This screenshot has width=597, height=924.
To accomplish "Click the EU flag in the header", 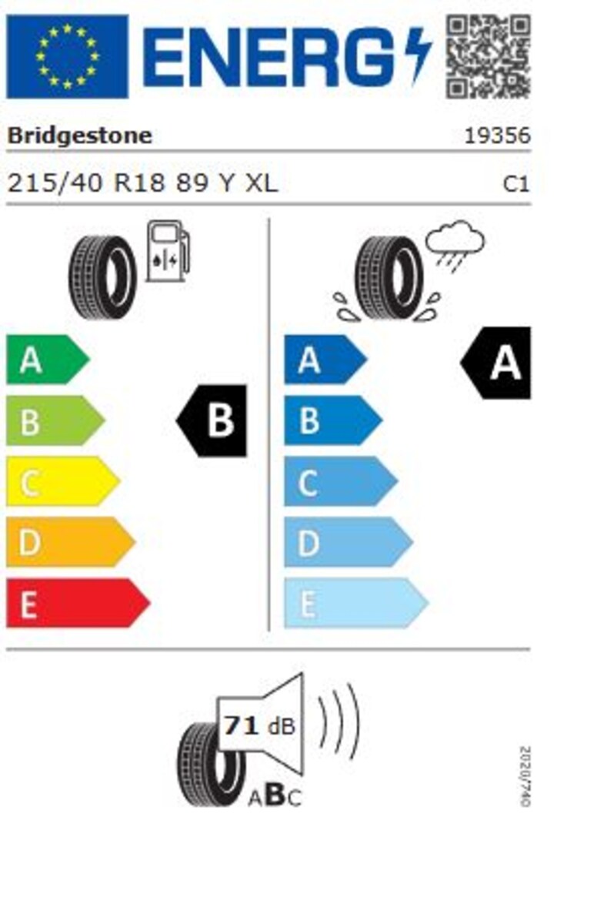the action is pyautogui.click(x=67, y=56).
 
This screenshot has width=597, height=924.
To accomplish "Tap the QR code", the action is pyautogui.click(x=489, y=56).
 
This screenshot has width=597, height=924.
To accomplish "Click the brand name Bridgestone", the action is pyautogui.click(x=80, y=136).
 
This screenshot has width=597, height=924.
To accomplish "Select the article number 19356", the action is pyautogui.click(x=497, y=136).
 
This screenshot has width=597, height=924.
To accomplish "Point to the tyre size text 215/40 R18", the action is pyautogui.click(x=86, y=182).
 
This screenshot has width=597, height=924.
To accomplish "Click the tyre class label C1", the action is pyautogui.click(x=515, y=184).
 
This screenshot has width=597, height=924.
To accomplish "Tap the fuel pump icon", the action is pyautogui.click(x=168, y=251).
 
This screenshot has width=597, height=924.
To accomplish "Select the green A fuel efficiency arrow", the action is pyautogui.click(x=48, y=360).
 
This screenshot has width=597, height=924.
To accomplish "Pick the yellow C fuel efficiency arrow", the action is pyautogui.click(x=63, y=481).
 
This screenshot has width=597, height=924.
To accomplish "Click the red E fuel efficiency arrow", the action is pyautogui.click(x=78, y=603).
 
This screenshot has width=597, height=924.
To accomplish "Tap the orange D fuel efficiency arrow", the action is pyautogui.click(x=71, y=542).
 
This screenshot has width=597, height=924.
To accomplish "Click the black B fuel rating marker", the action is pyautogui.click(x=212, y=420).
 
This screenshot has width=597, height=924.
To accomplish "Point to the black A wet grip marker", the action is pyautogui.click(x=495, y=363).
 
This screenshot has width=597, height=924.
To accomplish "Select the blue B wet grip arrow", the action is pyautogui.click(x=333, y=420).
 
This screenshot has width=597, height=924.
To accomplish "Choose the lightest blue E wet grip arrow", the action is pyautogui.click(x=356, y=603).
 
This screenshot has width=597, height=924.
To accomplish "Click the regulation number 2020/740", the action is pyautogui.click(x=525, y=776).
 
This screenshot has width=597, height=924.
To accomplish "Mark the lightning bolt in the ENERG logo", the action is pyautogui.click(x=418, y=54).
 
